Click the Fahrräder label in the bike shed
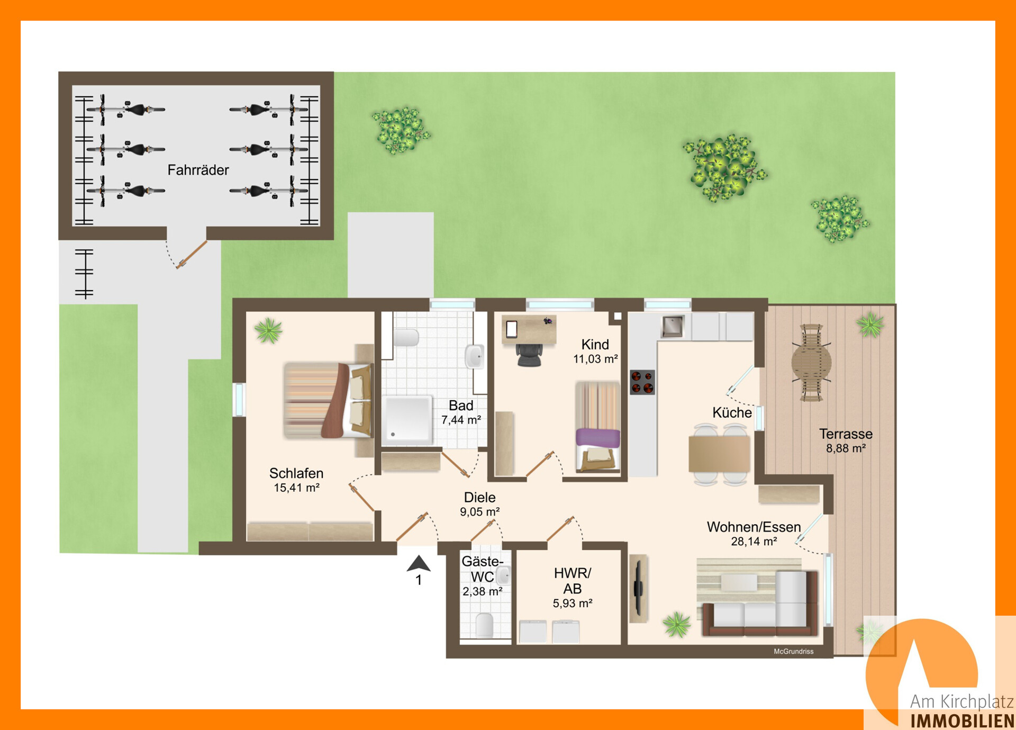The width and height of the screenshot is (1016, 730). point(198,170)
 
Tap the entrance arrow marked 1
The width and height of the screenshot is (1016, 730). point(419,564)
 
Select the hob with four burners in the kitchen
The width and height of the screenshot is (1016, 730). point(642,382)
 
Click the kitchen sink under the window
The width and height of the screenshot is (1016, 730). point(673,326)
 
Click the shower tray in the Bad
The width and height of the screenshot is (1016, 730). point(407,418)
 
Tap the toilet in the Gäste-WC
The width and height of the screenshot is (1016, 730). point(484,625)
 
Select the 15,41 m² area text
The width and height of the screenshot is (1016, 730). point(296,488)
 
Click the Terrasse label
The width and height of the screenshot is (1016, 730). point(846,434)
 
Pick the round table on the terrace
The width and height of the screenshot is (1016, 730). point(811,363)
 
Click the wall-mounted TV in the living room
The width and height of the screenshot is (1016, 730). point(638,588)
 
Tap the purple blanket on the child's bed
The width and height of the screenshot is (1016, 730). point(597,438)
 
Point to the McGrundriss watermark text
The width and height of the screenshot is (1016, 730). point(793,651)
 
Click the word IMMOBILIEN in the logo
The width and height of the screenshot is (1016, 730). point(962,720)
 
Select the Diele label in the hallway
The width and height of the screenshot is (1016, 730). point(479,497)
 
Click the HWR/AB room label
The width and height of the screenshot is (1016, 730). point(572,581)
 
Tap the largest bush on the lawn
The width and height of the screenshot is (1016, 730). point(724,168)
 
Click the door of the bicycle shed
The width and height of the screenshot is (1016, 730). point(192,255)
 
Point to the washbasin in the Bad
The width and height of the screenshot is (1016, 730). point(474,356)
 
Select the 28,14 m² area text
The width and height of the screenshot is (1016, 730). point(754,542)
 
